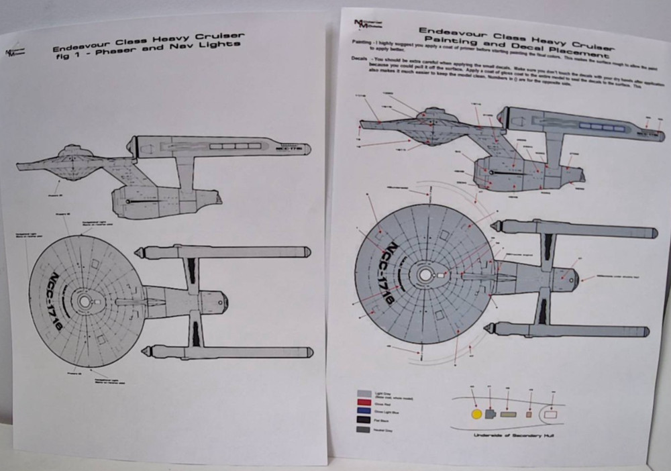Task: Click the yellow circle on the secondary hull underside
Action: (477, 414)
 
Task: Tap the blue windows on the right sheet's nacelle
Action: (602, 125)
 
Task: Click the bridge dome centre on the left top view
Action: (83, 301)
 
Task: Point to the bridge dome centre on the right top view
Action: (424, 275)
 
